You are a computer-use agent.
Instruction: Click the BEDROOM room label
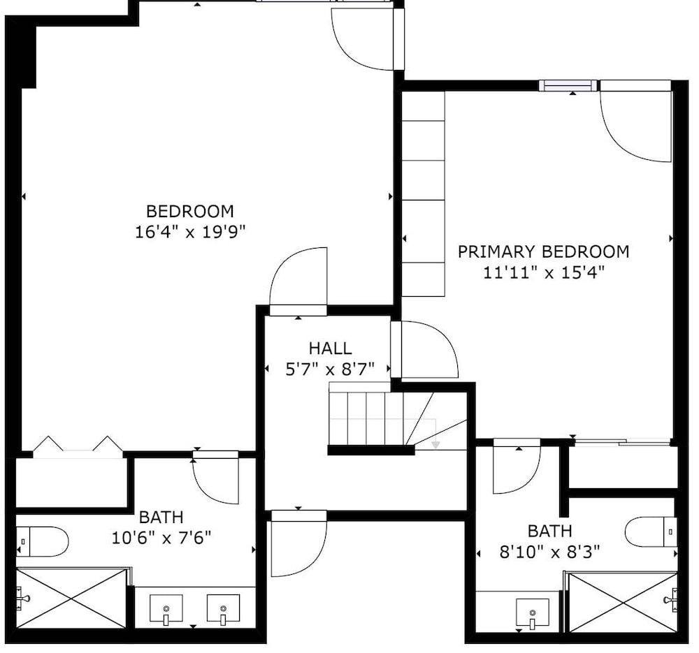pos(190,211)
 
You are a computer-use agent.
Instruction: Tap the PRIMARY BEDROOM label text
pos(543,251)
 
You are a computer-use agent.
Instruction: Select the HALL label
pos(331,348)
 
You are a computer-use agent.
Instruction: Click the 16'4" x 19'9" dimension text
pos(190,232)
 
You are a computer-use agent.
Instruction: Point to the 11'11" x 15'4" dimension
pos(544,272)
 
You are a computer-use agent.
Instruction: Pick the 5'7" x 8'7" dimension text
pos(330,369)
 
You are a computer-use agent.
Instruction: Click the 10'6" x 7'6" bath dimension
pos(161,538)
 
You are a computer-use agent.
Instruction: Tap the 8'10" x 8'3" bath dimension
pos(549,552)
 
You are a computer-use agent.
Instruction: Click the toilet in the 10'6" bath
pos(42,542)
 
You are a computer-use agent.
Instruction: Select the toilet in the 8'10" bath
pos(651,531)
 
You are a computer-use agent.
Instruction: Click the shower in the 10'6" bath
pos(72,598)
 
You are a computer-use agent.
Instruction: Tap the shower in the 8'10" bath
pos(623,602)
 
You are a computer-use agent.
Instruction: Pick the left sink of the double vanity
pos(166,608)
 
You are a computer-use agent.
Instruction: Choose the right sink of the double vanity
pos(223,608)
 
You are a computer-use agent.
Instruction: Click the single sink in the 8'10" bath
pos(532,613)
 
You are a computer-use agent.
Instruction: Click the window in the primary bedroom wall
pos(568,85)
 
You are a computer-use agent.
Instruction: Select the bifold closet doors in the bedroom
pos(78,447)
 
